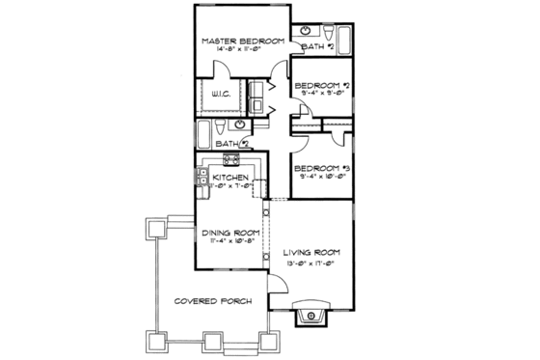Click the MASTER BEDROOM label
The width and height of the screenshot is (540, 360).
pos(241,42)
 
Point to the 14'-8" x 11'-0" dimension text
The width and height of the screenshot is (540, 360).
pos(241,51)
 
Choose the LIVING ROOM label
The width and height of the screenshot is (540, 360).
pos(312,254)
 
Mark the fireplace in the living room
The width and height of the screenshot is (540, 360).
pos(312,318)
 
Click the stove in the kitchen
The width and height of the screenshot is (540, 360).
pos(231,160)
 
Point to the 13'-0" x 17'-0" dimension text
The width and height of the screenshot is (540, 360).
pos(312,263)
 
